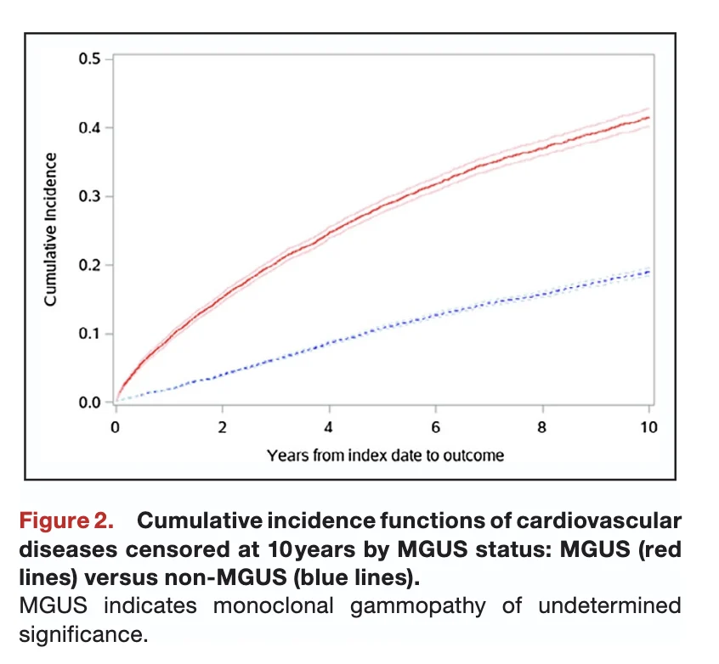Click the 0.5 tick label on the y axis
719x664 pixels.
89,59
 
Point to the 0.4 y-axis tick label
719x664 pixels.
89,128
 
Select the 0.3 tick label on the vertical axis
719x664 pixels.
89,197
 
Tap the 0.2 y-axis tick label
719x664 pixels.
89,266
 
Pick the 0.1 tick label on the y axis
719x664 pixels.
89,334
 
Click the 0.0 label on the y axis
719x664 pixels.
89,402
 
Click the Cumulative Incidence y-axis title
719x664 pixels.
51,229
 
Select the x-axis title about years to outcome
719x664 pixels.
384,455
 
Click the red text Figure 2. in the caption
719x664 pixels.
72,520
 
